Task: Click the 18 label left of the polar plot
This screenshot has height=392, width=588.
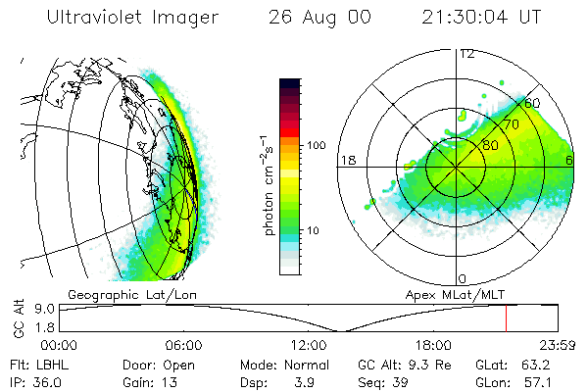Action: coord(347,160)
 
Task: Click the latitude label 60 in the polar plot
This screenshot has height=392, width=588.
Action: coord(532,103)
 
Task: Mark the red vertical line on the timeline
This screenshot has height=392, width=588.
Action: coord(506,318)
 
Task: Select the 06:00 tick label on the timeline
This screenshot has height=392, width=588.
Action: coord(183,345)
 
